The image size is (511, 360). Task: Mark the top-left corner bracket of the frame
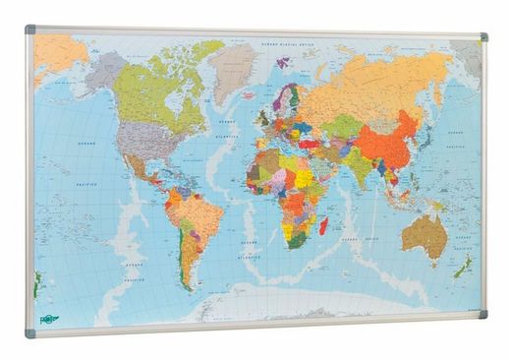tap(30, 30)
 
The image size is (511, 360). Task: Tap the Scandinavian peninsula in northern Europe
tap(286, 97)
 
